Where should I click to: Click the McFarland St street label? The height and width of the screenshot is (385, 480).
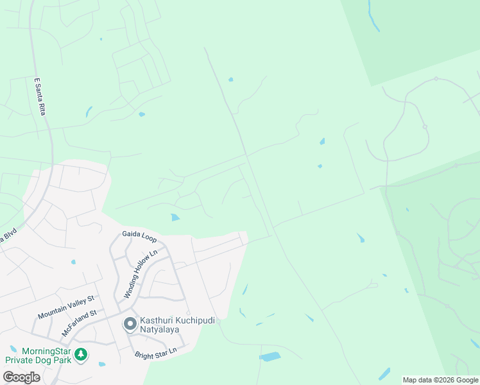point(78,323)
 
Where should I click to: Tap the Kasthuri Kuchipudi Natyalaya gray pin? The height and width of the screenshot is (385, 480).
point(130,323)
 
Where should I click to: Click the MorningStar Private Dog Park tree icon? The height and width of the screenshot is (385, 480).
point(80,354)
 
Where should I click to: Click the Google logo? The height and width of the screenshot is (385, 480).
point(21,377)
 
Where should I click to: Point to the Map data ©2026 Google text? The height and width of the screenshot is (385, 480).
point(440,380)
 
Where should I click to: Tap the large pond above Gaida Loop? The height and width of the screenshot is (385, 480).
point(175,218)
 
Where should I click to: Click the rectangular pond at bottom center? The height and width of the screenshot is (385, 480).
point(270,357)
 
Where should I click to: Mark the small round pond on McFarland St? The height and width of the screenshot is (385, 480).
point(73,262)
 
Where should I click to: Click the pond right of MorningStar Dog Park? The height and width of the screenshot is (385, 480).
point(103,364)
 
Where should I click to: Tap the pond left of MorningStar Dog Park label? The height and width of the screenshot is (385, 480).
point(13,349)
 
